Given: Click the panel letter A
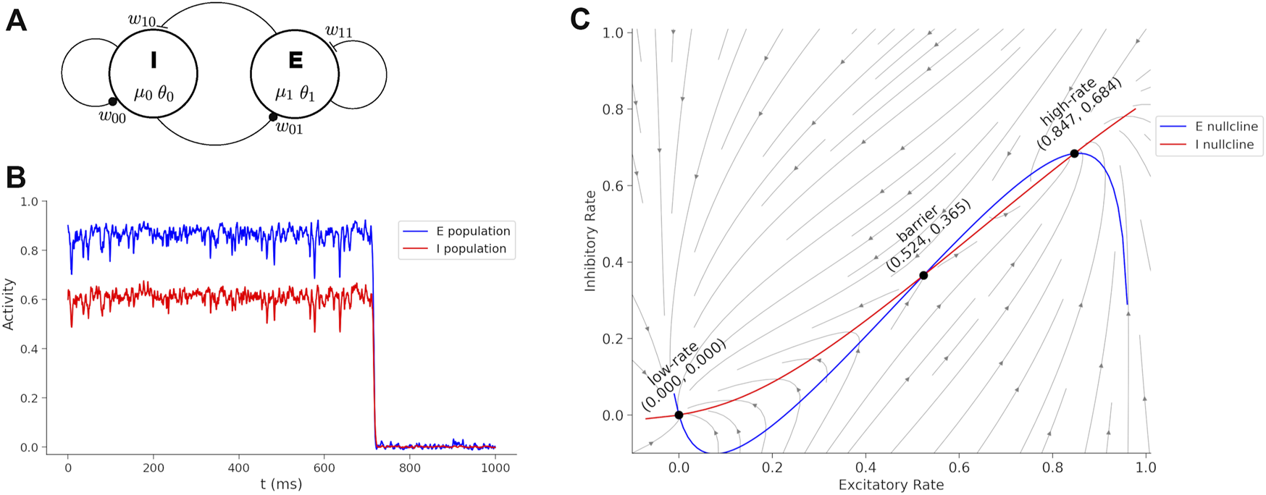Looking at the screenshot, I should pyautogui.click(x=16, y=20).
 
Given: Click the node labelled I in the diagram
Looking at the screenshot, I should pyautogui.click(x=154, y=73).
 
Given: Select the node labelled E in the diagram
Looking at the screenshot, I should pyautogui.click(x=295, y=73).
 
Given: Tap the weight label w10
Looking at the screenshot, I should pyautogui.click(x=142, y=20).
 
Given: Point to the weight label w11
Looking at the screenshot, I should pyautogui.click(x=338, y=31).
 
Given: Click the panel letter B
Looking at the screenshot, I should pyautogui.click(x=15, y=178).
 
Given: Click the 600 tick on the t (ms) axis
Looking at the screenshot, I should pyautogui.click(x=324, y=467).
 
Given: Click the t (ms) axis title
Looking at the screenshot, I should pyautogui.click(x=281, y=483).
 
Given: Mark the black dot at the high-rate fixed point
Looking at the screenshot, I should pyautogui.click(x=1074, y=153).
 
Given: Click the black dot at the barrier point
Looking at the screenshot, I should pyautogui.click(x=923, y=275).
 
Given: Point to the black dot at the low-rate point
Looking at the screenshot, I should pyautogui.click(x=679, y=415).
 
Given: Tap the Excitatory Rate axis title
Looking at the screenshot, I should pyautogui.click(x=891, y=485).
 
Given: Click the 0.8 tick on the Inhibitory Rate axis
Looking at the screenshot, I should pyautogui.click(x=613, y=109).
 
